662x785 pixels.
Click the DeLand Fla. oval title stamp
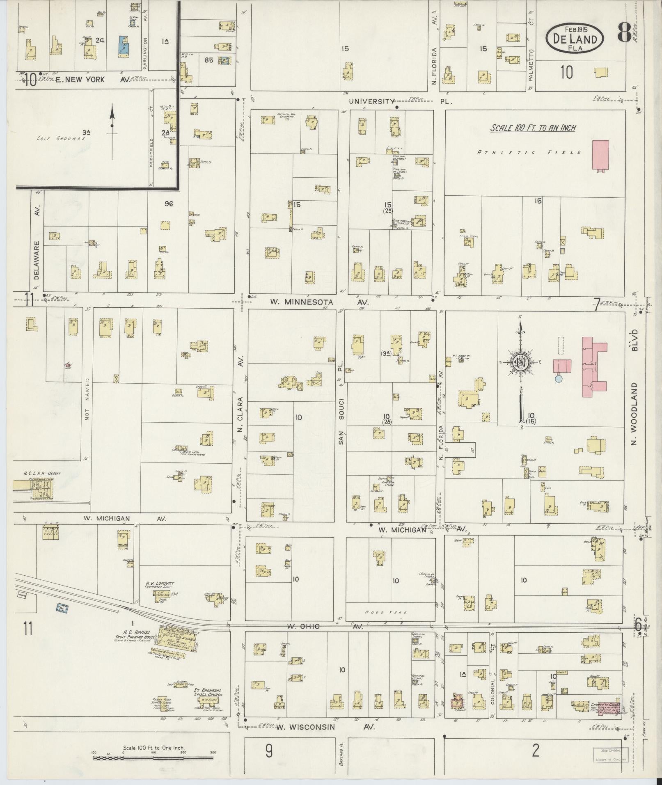(575, 37)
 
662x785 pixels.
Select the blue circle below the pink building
(558, 379)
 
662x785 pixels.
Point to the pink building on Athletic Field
(600, 155)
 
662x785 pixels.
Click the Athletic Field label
(529, 152)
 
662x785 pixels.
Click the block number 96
(168, 203)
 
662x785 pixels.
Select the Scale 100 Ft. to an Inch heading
(533, 128)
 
